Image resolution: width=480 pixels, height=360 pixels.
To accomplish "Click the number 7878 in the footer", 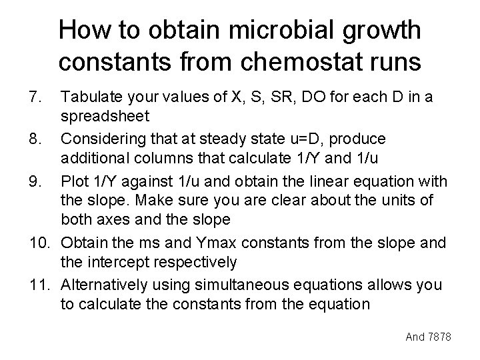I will [440, 337].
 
